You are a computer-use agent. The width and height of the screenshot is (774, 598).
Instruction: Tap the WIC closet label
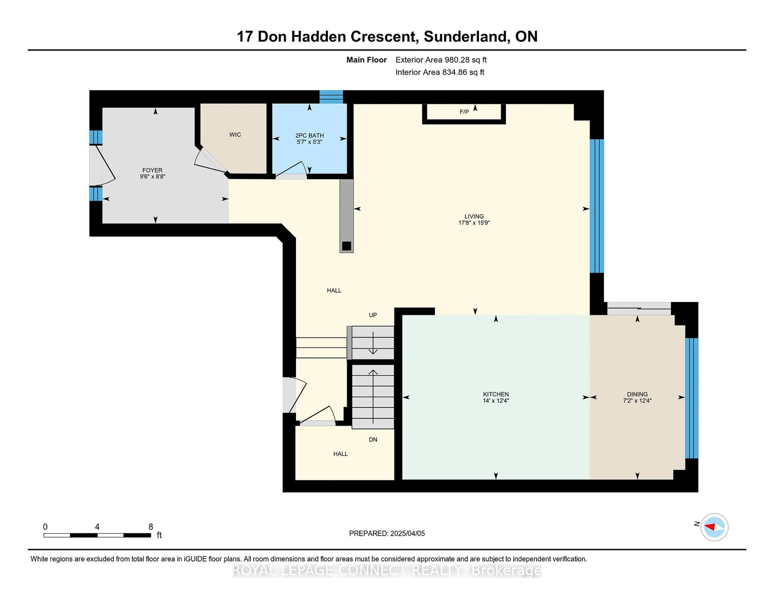[235, 135]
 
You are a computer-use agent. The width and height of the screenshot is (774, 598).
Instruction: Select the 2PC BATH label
[309, 135]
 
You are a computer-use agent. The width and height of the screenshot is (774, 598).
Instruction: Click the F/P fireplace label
[464, 112]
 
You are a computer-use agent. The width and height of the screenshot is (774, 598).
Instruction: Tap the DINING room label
[637, 394]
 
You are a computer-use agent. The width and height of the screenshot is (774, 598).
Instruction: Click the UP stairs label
[372, 315]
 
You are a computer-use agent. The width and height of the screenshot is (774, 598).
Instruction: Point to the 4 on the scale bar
[97, 527]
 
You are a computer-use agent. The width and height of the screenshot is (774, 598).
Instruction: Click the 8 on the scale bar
[151, 527]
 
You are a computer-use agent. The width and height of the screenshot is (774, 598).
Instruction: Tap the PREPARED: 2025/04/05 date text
[387, 533]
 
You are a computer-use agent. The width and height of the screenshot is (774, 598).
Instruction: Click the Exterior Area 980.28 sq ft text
[441, 60]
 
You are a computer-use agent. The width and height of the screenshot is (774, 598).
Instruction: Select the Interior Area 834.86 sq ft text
[439, 72]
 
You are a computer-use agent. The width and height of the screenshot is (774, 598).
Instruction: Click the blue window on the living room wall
[596, 206]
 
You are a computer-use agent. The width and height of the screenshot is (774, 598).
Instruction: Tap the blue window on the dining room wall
[691, 398]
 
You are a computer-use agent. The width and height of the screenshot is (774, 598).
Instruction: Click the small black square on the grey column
[346, 246]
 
